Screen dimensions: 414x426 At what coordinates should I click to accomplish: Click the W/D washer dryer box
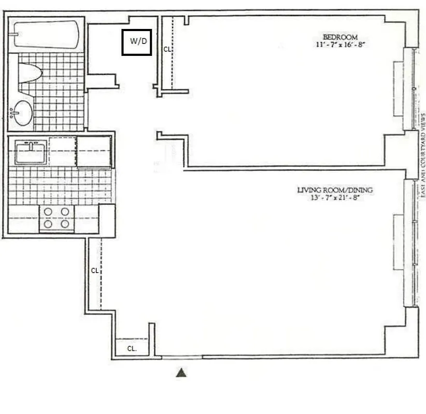pos(136,42)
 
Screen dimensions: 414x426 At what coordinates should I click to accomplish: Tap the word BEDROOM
pos(340,37)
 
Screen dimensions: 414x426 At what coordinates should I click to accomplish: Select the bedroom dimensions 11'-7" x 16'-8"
pos(340,45)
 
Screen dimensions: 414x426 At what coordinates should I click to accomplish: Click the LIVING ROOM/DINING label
pos(334,190)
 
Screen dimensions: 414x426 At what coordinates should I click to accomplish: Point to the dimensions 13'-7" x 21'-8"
pos(334,198)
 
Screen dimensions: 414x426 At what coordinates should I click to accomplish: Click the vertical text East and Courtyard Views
pos(423,155)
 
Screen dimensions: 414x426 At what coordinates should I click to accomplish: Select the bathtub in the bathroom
pos(46,34)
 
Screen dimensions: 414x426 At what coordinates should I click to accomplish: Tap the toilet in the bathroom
pos(30,73)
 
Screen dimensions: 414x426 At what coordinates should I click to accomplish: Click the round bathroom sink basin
pos(23,113)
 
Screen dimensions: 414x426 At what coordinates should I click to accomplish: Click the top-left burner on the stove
pos(48,211)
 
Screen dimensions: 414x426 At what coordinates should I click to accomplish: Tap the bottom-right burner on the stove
pos(65,224)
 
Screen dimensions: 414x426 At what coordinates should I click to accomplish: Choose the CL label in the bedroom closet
pos(167,50)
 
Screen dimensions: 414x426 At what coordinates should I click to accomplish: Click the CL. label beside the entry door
pos(132,349)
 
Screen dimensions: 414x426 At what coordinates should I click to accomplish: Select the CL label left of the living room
pos(94,271)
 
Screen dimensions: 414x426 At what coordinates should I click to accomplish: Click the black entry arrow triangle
pos(181,373)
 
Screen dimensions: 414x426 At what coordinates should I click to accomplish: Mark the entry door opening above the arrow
pos(181,357)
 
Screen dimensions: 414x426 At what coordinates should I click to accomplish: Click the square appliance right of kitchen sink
pos(94,152)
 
